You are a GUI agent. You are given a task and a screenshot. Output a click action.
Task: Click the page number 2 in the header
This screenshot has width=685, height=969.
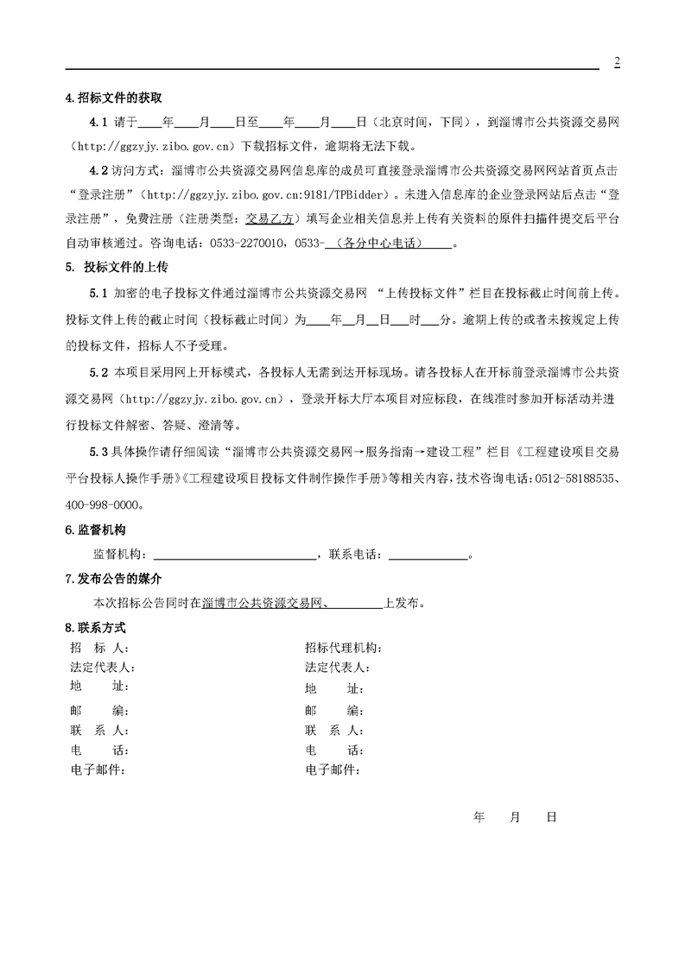pyautogui.click(x=617, y=61)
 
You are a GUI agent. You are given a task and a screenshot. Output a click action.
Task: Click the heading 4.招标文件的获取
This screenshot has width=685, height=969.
pyautogui.click(x=114, y=98)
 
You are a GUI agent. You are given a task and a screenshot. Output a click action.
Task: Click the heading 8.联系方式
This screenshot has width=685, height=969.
pyautogui.click(x=96, y=628)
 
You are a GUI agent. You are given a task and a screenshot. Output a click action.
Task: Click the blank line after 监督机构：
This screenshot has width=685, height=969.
pyautogui.click(x=233, y=554)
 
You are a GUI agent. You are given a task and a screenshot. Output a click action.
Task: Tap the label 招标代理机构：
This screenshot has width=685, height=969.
pyautogui.click(x=343, y=648)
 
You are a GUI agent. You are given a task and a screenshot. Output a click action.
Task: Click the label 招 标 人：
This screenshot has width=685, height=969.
pyautogui.click(x=98, y=648)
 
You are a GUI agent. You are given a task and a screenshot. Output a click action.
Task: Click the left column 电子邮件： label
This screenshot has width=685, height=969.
pyautogui.click(x=98, y=769)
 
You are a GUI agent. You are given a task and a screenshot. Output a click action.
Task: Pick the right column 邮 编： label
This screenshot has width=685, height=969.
pyautogui.click(x=334, y=711)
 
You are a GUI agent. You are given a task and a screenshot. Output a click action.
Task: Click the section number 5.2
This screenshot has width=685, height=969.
pyautogui.click(x=98, y=373)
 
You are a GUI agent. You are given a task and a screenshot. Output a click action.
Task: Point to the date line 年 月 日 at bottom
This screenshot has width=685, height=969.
pyautogui.click(x=516, y=816)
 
